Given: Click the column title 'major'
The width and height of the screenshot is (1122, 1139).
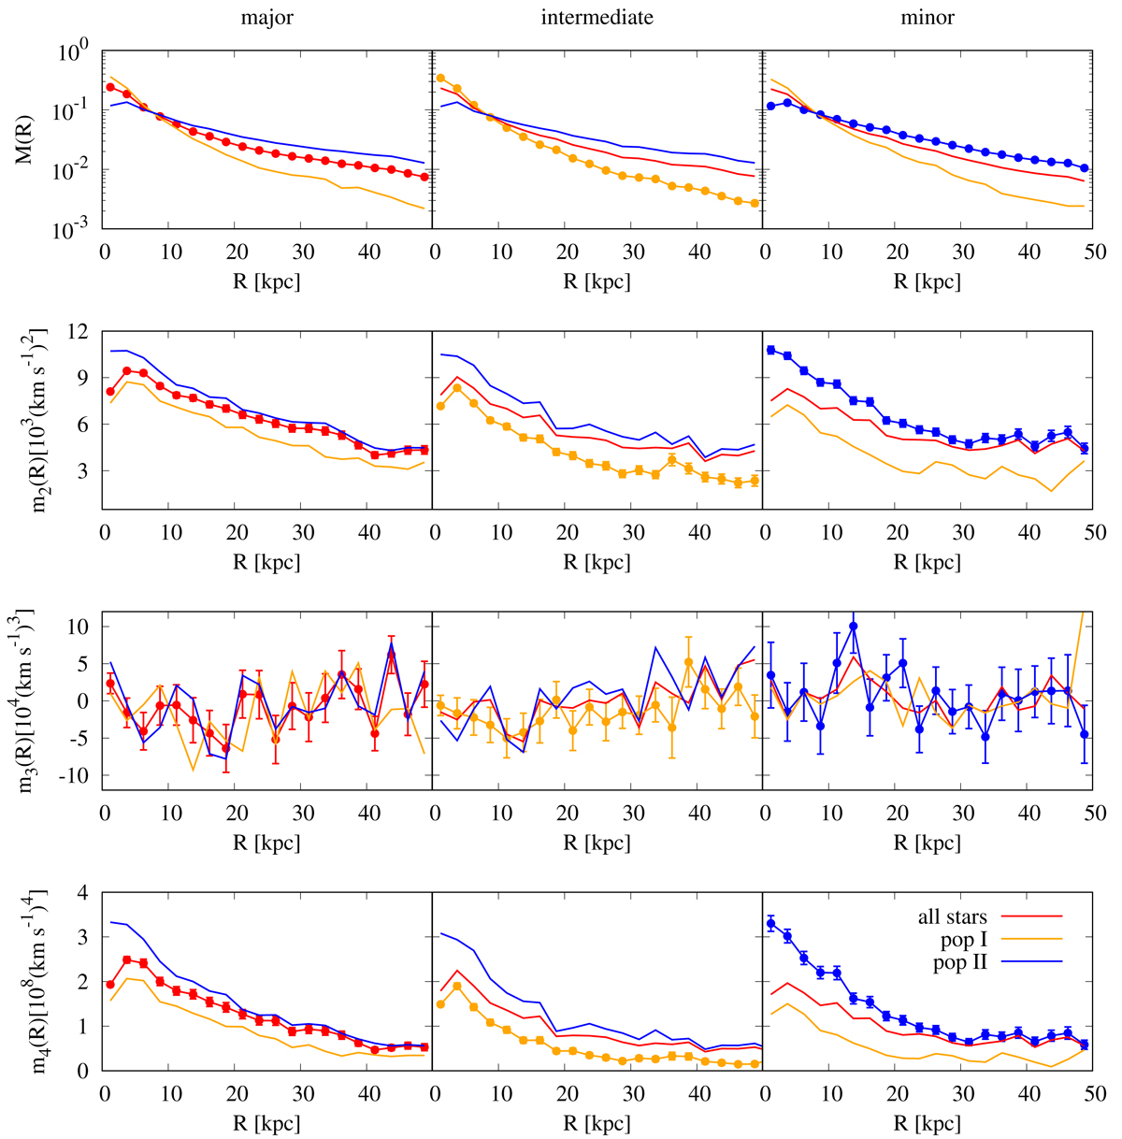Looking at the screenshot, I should coord(267,18).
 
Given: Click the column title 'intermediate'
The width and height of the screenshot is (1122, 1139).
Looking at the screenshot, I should coord(597,18).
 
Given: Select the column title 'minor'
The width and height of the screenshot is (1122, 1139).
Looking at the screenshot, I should coord(928,18).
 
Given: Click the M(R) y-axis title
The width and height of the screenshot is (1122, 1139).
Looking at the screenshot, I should coord(25,139).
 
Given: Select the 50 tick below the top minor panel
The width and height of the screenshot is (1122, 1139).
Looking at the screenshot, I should coord(1095,252).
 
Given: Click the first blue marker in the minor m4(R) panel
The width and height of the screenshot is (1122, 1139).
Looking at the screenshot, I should coord(770,924).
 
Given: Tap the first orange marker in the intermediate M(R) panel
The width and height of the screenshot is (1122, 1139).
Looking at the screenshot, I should coord(440,79).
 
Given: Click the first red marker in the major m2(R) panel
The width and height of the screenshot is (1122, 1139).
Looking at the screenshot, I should coord(110,392).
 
